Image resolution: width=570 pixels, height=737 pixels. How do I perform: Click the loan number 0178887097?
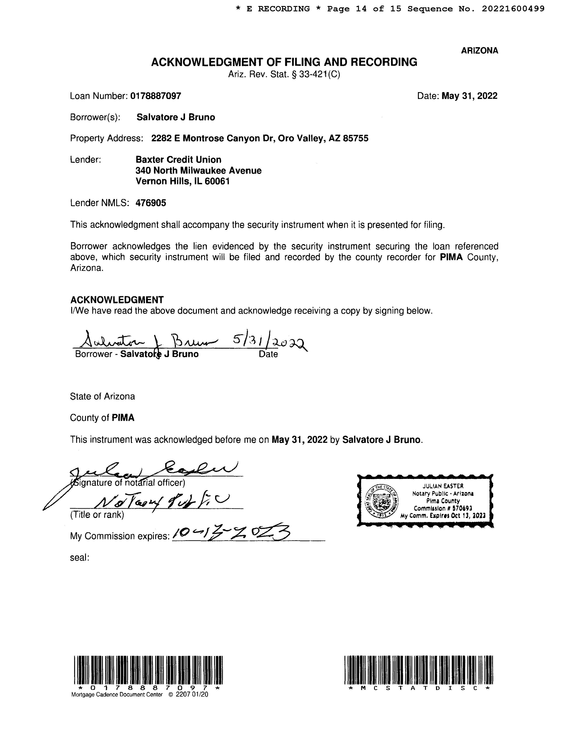click(155, 96)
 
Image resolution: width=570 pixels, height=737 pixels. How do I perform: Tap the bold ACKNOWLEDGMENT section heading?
click(117, 300)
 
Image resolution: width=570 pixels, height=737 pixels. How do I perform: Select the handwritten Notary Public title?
click(162, 504)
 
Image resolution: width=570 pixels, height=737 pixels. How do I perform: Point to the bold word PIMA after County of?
click(123, 418)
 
